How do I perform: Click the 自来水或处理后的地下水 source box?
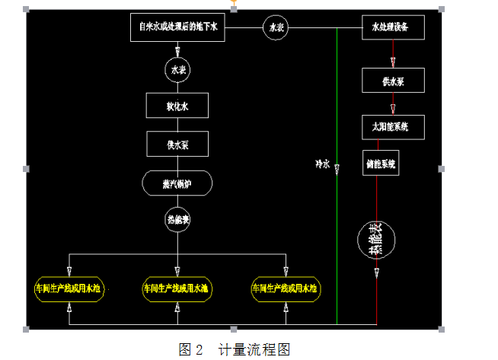pos(178,28)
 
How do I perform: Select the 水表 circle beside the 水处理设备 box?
pos(276,28)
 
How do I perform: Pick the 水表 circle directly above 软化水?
pos(178,70)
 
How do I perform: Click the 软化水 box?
pos(178,106)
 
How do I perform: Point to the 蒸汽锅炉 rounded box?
pos(178,183)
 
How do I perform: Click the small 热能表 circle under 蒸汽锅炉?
pos(178,221)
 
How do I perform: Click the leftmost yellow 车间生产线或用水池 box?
pos(69,288)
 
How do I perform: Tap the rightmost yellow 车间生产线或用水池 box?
pos(286,288)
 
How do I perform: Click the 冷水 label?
pos(323,164)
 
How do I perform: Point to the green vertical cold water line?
pos(337,228)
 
